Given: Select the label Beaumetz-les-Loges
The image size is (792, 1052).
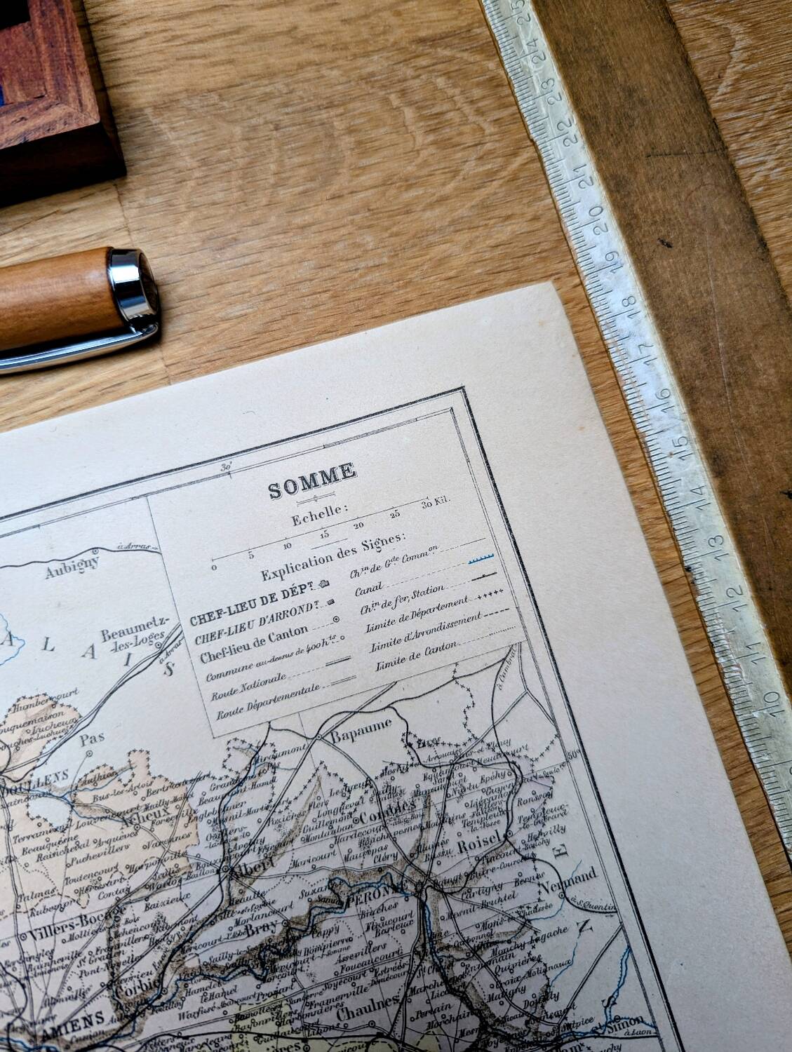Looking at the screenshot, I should [x=130, y=640].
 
